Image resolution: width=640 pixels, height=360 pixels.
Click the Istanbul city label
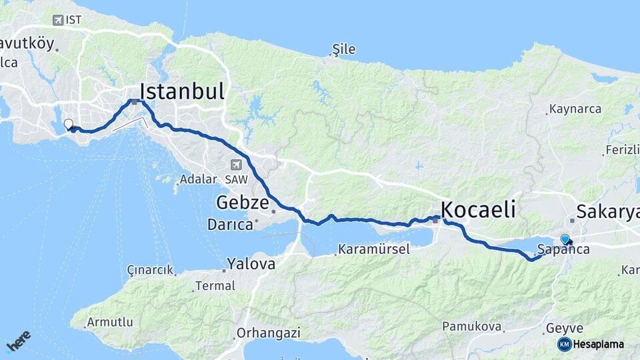(x=181, y=91)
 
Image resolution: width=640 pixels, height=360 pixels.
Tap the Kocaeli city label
(x=478, y=209)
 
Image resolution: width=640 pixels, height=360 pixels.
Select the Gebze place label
(x=242, y=202)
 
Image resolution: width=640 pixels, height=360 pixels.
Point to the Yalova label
(x=251, y=263)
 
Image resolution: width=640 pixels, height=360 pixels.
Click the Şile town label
(x=344, y=49)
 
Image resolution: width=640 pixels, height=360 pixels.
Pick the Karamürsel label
(x=374, y=249)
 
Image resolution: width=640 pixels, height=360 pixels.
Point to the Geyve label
(x=564, y=328)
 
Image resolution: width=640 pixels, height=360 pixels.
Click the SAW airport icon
(x=237, y=165)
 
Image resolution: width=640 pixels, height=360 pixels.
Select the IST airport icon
(x=57, y=19)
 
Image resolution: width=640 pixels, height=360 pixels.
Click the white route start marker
(x=68, y=123)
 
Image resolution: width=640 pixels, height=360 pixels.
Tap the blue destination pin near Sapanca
(x=565, y=239)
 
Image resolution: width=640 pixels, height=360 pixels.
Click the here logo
(x=18, y=341)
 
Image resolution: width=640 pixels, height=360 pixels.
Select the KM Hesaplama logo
(x=591, y=344)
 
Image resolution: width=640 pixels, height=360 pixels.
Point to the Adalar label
(x=198, y=179)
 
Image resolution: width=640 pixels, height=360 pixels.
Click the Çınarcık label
(x=150, y=270)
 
